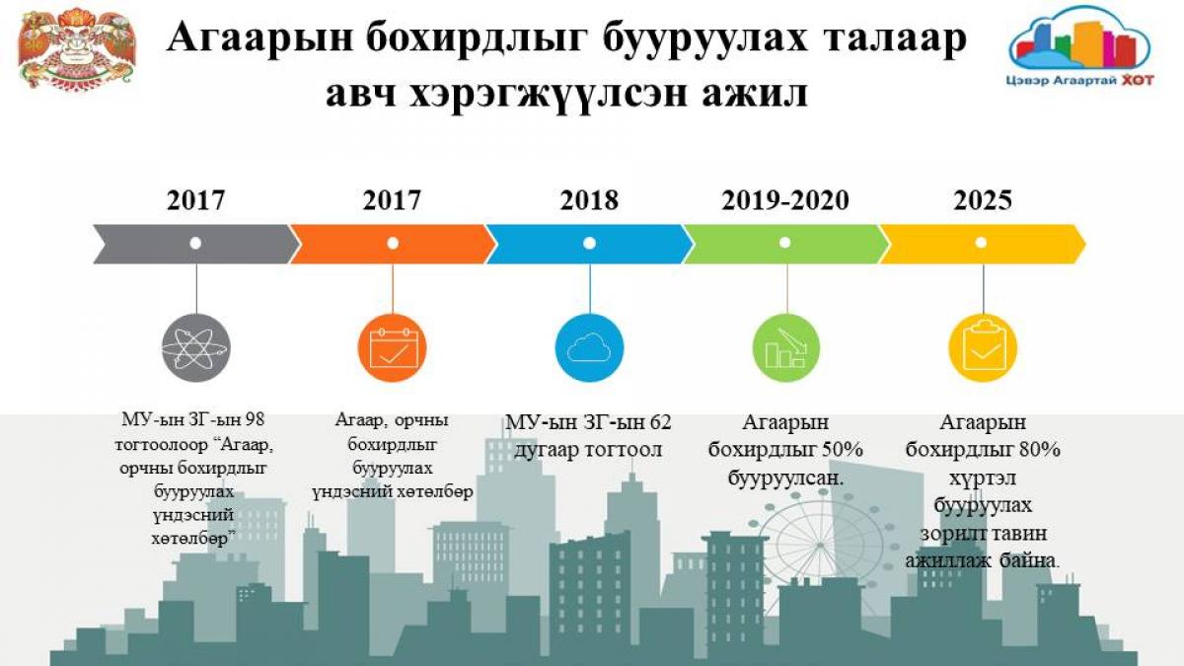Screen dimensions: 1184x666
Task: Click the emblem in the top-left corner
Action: (x=77, y=49)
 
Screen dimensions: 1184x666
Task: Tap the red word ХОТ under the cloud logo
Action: (x=1137, y=80)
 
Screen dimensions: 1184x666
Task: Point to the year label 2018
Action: (x=589, y=200)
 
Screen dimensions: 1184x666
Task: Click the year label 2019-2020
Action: (x=785, y=200)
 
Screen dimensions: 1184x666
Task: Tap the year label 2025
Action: (x=983, y=200)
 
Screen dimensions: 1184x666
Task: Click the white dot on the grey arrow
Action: (x=195, y=243)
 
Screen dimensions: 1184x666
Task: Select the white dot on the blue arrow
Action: (x=589, y=243)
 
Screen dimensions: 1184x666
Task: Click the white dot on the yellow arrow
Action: (x=981, y=243)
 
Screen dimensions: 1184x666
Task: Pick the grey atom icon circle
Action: (x=196, y=347)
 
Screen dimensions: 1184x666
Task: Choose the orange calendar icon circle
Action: (x=393, y=347)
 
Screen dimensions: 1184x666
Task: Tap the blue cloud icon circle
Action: (x=589, y=347)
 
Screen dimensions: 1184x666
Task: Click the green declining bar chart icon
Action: (x=786, y=347)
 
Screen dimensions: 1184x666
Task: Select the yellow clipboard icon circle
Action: (x=983, y=347)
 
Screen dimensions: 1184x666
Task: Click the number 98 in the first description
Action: (x=255, y=419)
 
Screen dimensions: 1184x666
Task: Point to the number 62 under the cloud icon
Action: (x=660, y=423)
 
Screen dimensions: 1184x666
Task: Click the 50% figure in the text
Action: (x=842, y=450)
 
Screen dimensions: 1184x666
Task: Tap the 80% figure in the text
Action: (x=1040, y=450)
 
